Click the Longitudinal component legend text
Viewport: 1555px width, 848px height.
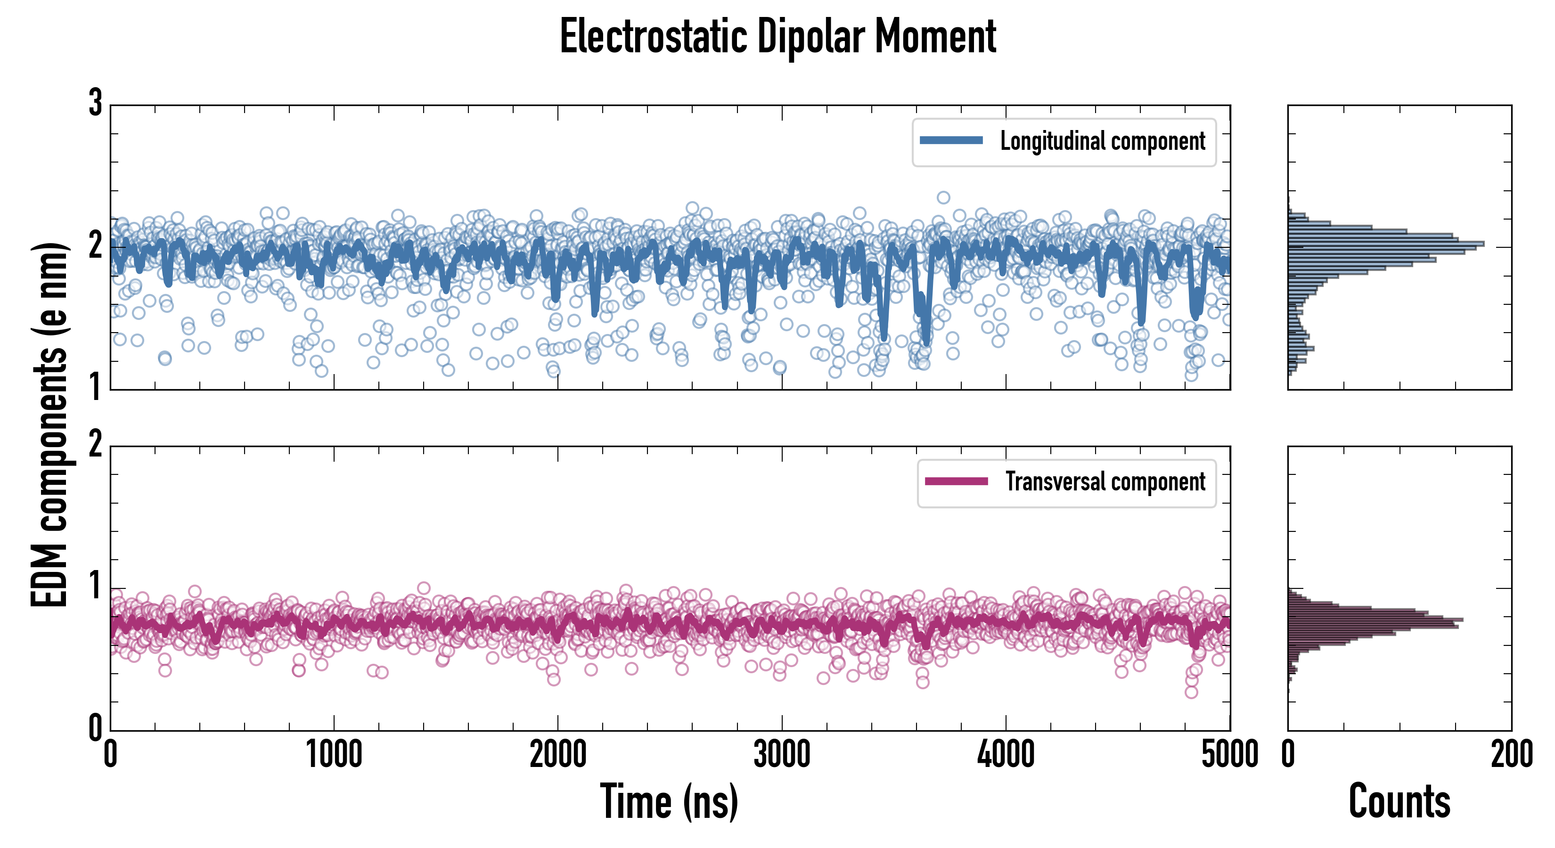(x=1102, y=141)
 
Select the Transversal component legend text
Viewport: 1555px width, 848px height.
(x=1105, y=481)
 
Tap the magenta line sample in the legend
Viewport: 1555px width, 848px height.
(x=956, y=481)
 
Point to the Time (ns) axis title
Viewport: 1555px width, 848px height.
(x=669, y=801)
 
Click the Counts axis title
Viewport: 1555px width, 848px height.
(x=1399, y=801)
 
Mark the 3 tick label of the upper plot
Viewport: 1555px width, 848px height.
(x=95, y=103)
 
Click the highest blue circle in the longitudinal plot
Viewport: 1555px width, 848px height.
(x=943, y=197)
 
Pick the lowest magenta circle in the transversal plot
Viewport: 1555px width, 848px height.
(x=1191, y=692)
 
